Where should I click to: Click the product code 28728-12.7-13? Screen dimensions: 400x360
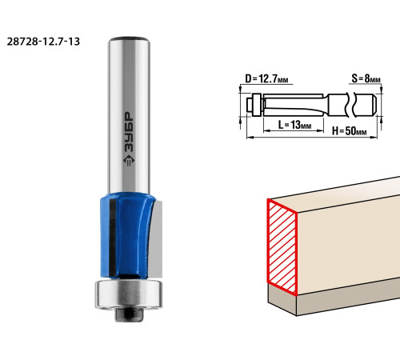[43, 42]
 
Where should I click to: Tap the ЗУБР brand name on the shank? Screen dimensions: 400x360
[129, 132]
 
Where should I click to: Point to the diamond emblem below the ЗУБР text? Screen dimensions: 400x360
[129, 160]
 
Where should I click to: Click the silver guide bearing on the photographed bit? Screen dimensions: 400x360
[129, 294]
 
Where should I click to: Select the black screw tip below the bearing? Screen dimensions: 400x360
[129, 314]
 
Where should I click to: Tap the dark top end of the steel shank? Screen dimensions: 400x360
[129, 39]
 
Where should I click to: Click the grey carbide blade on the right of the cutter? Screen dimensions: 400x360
[156, 238]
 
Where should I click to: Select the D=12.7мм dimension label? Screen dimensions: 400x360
[266, 79]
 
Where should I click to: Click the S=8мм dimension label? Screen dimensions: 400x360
[366, 78]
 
